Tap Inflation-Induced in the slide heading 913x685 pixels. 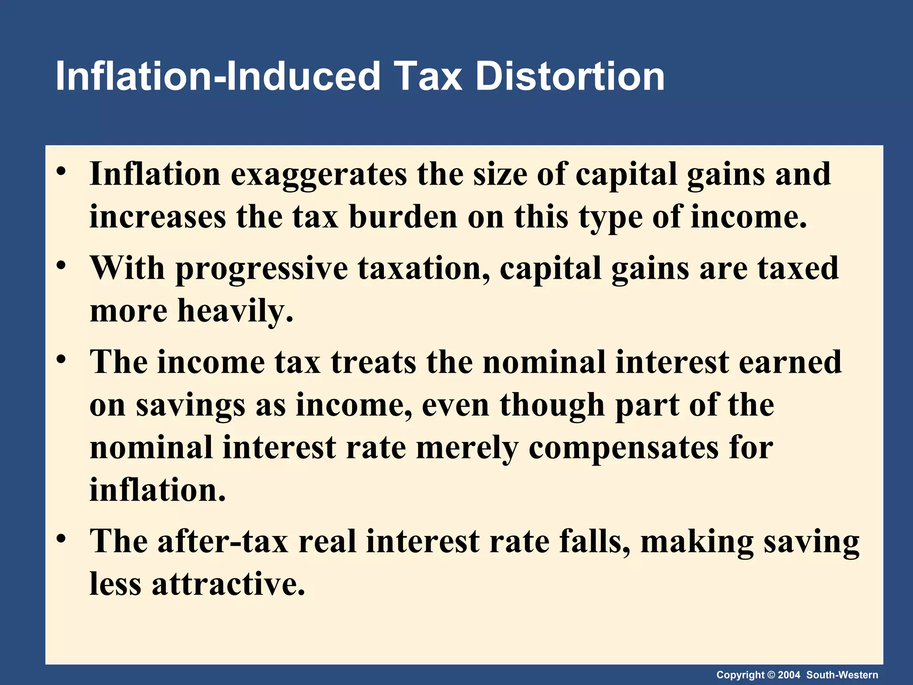tap(218, 77)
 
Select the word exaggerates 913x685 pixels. tap(318, 174)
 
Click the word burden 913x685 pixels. tap(403, 217)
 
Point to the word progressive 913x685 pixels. tap(261, 269)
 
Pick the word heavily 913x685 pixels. tap(235, 311)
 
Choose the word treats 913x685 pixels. tap(373, 362)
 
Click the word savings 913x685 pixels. tap(190, 405)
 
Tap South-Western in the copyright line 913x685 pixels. tap(842, 675)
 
